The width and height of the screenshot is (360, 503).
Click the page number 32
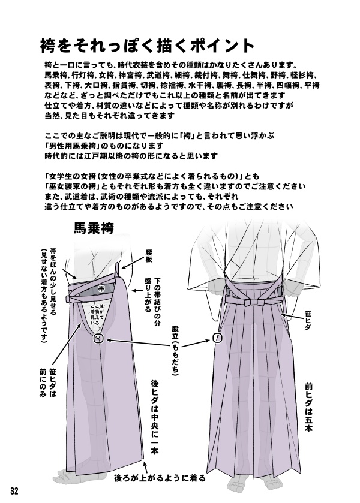[14, 491]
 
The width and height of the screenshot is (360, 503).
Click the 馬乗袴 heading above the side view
[94, 228]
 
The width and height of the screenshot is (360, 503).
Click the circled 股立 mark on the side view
[99, 339]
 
